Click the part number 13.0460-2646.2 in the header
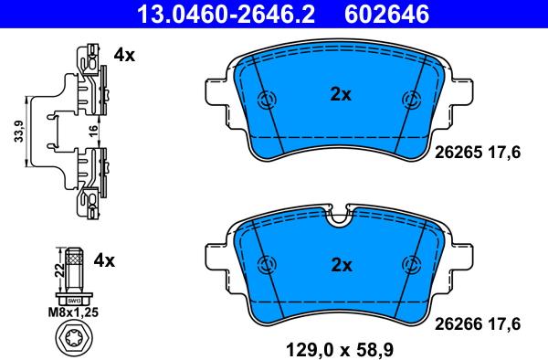tap(227, 14)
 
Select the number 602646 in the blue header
tap(386, 14)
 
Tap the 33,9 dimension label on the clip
tap(19, 131)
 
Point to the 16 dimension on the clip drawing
tap(93, 131)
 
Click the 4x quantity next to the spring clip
tap(124, 55)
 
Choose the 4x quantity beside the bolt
tap(104, 260)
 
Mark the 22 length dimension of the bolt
tap(60, 270)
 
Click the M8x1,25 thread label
tap(73, 312)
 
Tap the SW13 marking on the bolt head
tap(74, 301)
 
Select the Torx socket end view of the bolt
tap(74, 337)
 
